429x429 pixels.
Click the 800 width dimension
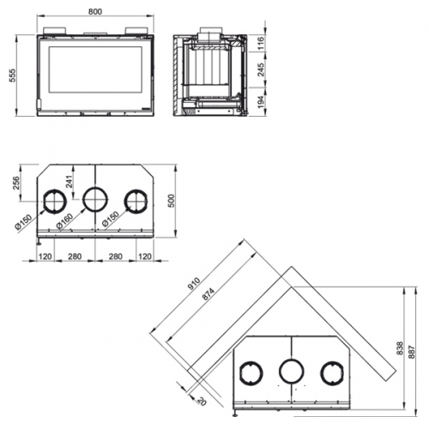click(x=95, y=11)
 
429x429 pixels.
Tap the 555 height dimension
click(x=13, y=76)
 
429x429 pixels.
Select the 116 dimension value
click(x=261, y=43)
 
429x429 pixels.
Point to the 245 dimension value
click(x=261, y=69)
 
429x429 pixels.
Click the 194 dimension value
click(x=261, y=102)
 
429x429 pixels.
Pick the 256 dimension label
click(x=16, y=183)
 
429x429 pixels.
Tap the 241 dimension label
click(x=69, y=181)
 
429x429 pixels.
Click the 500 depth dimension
click(x=171, y=201)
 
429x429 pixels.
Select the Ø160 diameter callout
click(x=64, y=221)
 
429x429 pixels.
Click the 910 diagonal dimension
click(x=194, y=284)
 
